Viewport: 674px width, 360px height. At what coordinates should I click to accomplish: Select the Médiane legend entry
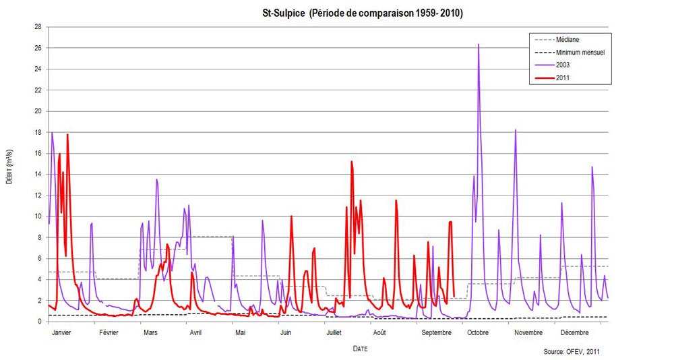tap(570, 40)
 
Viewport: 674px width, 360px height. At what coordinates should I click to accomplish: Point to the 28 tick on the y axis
tap(38, 27)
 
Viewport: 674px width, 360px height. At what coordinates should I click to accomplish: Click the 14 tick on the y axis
tap(38, 174)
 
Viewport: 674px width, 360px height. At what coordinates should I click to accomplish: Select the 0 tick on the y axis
tap(40, 322)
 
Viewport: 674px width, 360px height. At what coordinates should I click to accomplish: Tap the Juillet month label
tap(334, 332)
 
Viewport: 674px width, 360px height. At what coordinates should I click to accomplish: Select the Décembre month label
tap(574, 332)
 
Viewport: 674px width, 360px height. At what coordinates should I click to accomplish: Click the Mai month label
tap(241, 332)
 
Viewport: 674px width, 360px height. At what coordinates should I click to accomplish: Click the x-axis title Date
tap(361, 349)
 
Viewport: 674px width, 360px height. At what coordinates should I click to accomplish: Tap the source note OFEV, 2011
tap(572, 352)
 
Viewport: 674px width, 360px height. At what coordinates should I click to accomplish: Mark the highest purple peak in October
tap(479, 44)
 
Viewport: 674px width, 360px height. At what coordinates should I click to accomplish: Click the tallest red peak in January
tap(67, 135)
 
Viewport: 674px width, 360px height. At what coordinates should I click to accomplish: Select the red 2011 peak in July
tap(351, 162)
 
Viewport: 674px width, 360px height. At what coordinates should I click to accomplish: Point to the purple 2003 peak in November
tap(516, 130)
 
